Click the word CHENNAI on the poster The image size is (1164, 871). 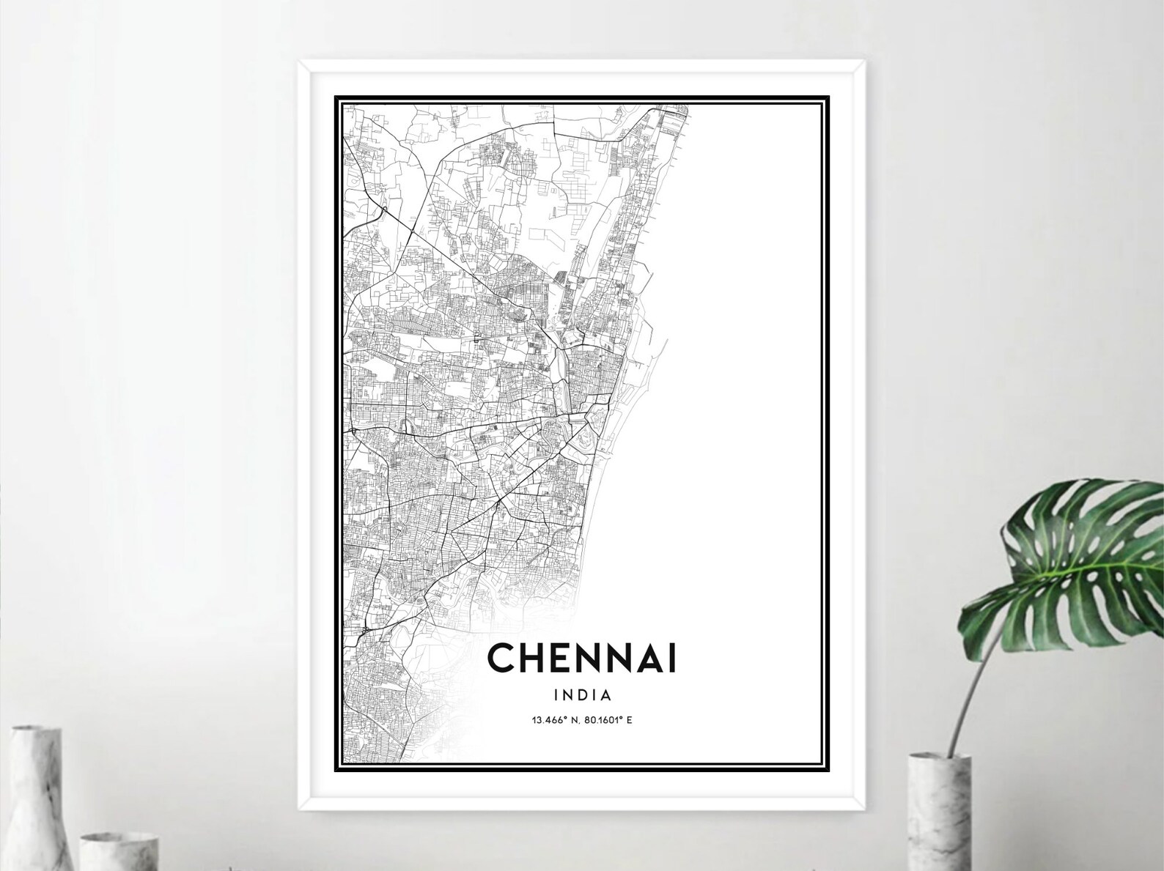(x=582, y=658)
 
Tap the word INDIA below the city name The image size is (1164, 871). (x=583, y=694)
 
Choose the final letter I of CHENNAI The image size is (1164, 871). (x=672, y=658)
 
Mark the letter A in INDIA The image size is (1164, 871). (x=606, y=694)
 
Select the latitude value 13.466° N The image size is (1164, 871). (x=554, y=720)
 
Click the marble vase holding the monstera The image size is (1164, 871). (x=939, y=813)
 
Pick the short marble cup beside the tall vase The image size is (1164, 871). (x=117, y=850)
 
